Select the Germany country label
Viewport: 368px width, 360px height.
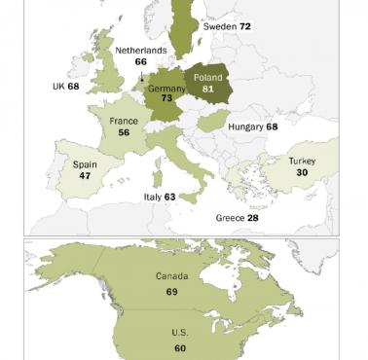166,87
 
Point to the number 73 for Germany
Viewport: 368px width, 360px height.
166,99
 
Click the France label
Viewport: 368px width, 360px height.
123,122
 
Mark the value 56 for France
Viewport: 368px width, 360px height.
123,135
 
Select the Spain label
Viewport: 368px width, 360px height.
85,165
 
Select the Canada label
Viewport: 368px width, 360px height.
171,276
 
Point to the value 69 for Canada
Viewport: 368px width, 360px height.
171,291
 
